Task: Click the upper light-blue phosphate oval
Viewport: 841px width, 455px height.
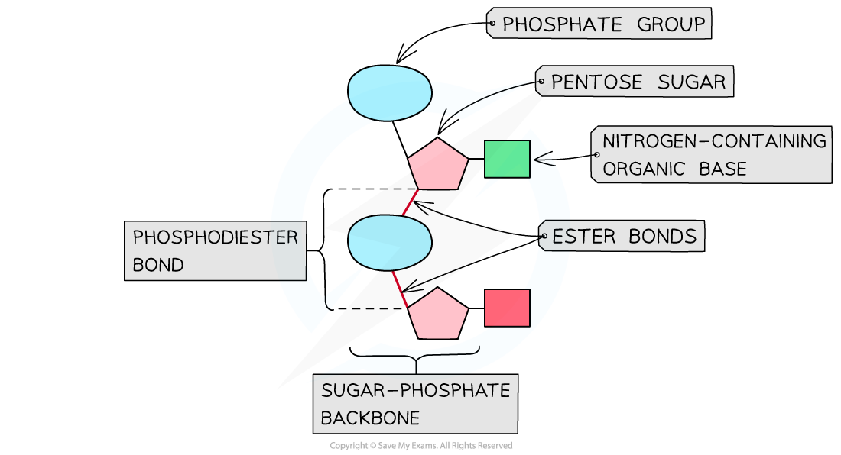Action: tap(389, 92)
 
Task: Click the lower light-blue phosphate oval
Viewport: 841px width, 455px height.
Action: tap(389, 242)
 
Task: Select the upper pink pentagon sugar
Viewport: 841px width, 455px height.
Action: tap(438, 166)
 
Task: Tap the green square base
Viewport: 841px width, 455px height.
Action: tap(507, 159)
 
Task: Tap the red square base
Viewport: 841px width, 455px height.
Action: tap(507, 308)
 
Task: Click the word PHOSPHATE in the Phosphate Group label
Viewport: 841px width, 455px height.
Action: tap(562, 24)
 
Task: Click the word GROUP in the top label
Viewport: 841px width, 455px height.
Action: tap(671, 24)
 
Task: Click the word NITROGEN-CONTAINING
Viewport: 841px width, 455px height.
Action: tap(714, 141)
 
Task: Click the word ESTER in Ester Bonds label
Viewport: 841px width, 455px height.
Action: tap(583, 237)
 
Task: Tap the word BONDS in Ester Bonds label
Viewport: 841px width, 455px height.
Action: tap(662, 237)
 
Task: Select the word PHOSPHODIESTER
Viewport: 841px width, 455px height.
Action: tap(215, 237)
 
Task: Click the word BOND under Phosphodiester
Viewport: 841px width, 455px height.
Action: tap(158, 266)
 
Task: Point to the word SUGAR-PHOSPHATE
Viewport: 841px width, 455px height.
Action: tap(415, 391)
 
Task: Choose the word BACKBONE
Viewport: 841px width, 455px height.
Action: tap(370, 418)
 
